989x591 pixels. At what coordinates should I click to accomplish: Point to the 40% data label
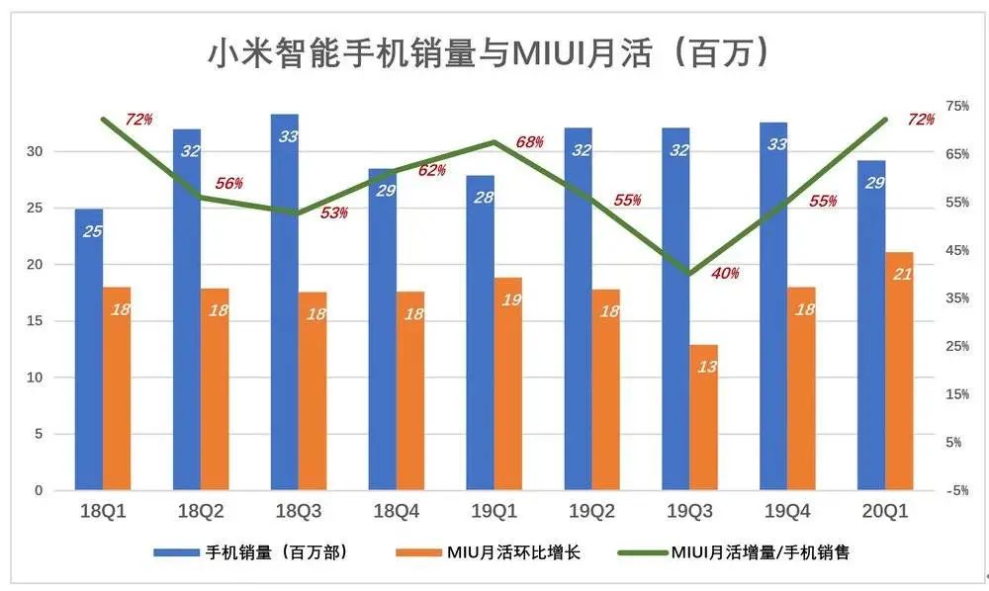click(724, 274)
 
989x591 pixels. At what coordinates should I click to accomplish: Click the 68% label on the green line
click(529, 142)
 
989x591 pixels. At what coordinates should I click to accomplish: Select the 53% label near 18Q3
click(334, 212)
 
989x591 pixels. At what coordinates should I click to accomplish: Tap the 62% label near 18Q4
click(431, 170)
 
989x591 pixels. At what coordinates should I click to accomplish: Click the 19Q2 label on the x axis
click(591, 511)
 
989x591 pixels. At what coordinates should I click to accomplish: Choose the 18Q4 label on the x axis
click(396, 511)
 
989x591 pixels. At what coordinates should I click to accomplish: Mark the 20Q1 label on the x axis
click(885, 511)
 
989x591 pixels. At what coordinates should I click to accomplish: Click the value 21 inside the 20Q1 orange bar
click(902, 274)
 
